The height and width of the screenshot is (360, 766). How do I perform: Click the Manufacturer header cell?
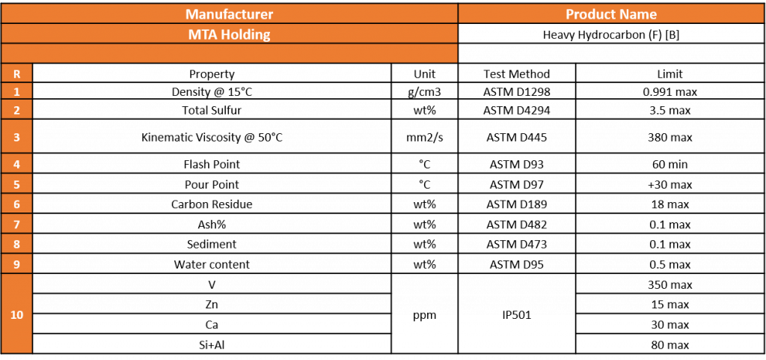229,14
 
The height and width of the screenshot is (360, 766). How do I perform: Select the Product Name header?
611,14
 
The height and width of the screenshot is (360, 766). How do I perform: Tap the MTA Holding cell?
229,34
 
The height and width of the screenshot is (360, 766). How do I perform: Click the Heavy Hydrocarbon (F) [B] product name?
611,35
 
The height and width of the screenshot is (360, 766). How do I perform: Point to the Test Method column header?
517,74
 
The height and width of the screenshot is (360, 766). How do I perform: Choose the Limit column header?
670,74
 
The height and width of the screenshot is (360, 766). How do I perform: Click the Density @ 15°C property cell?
212,92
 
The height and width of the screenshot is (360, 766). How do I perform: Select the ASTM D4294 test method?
517,110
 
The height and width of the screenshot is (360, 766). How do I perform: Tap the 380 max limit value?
670,137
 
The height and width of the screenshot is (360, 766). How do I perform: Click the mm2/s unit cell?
425,137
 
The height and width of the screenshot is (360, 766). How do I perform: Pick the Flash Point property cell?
212,164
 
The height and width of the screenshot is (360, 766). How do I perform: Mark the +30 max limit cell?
670,185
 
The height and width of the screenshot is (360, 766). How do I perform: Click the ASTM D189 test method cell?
517,204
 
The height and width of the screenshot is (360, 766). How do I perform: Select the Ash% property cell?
212,225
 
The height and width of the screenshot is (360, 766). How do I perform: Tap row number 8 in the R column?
16,244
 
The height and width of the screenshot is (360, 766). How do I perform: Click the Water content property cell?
212,265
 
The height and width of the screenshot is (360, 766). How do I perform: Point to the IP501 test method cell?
517,315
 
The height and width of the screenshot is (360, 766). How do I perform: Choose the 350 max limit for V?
670,284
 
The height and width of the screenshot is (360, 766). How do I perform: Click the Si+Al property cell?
212,345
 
